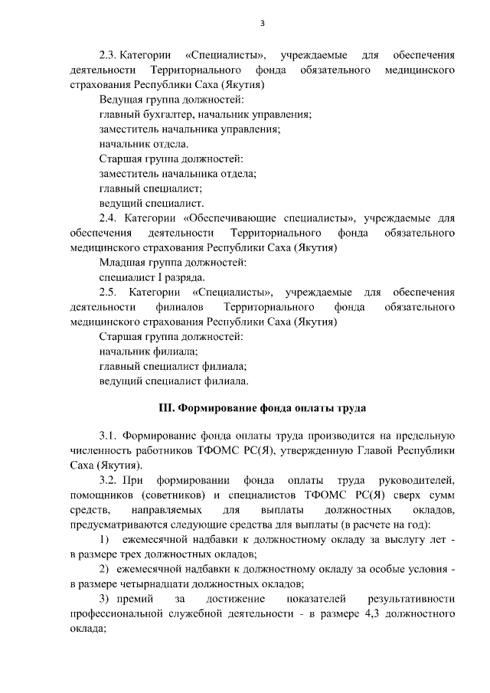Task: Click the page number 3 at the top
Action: pos(263,22)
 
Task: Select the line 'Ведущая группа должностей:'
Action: pos(171,100)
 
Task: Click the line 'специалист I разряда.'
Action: pos(152,277)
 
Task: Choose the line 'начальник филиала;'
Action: pos(149,351)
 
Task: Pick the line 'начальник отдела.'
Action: pos(144,145)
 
